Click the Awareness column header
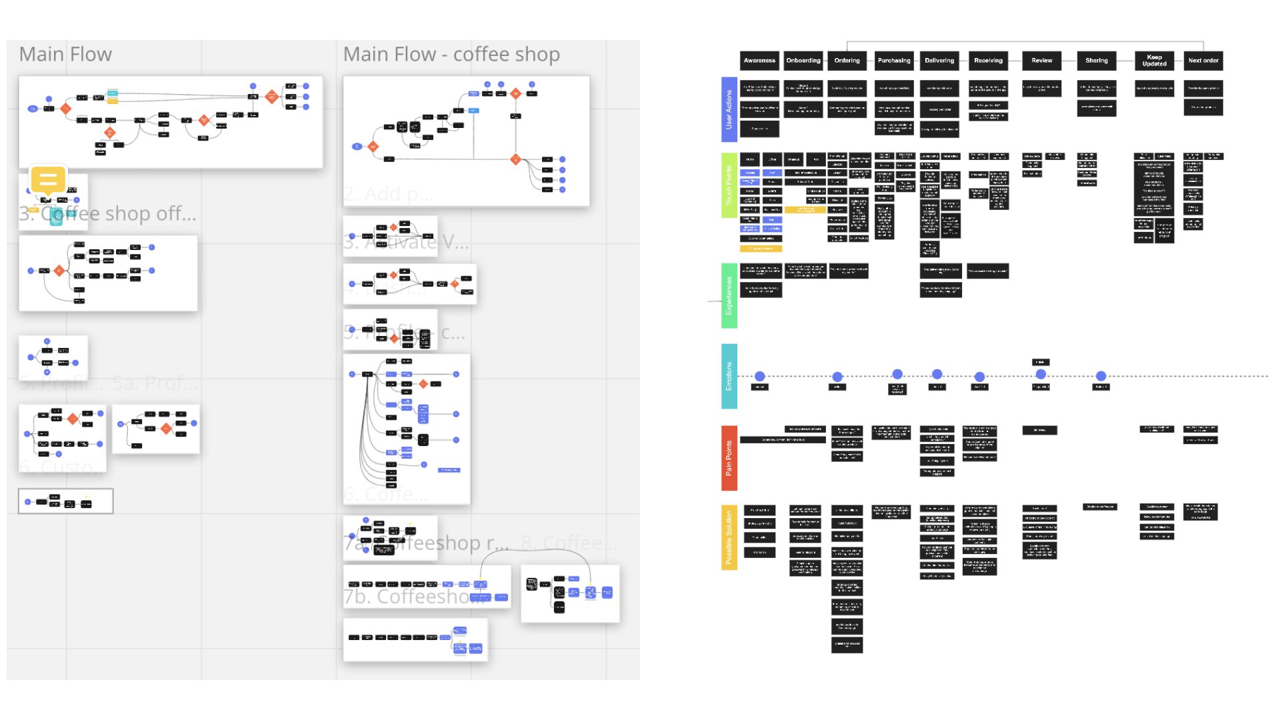coord(759,61)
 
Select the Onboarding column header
coord(803,61)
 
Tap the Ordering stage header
coord(847,61)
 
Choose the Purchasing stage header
coord(894,61)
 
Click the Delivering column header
coord(939,61)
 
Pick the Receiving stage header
coord(988,61)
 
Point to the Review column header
coord(1042,61)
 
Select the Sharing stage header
coord(1097,61)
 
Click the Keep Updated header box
coord(1155,61)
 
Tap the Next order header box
coord(1203,61)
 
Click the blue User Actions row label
coord(729,109)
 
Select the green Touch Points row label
coord(729,185)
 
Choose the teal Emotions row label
coord(729,376)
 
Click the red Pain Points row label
coord(729,458)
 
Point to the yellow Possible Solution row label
coord(729,537)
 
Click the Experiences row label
coord(729,295)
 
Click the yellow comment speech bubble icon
coord(48,180)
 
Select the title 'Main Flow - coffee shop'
coord(451,55)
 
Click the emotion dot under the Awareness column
coord(759,377)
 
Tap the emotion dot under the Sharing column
coord(1101,377)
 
